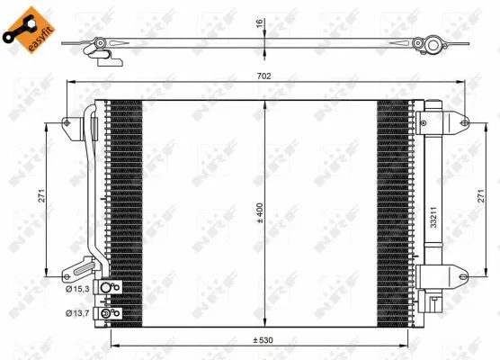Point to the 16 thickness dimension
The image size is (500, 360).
click(x=260, y=24)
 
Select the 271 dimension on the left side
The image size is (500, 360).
click(x=41, y=199)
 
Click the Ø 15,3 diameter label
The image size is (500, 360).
click(x=77, y=288)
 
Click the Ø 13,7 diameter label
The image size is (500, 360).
click(x=77, y=313)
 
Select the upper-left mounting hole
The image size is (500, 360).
click(x=67, y=121)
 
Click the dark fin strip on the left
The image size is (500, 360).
click(x=124, y=207)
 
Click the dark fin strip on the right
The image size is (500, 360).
click(x=394, y=207)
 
